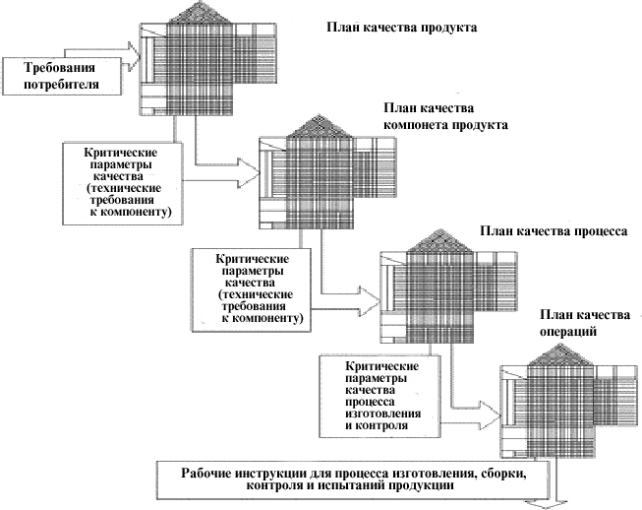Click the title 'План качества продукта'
coord(402,28)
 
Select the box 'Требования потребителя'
coord(62,76)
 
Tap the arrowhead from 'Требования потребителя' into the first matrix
coord(134,56)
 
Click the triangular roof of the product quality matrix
coord(200,12)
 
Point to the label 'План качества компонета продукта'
coord(445,116)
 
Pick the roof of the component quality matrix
coord(319,126)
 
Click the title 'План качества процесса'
coord(554,231)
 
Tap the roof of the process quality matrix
coord(439,240)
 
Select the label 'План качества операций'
coord(585,323)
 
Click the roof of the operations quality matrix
coord(560,354)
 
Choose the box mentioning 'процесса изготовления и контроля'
coord(380,396)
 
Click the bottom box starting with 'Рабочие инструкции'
coord(353,479)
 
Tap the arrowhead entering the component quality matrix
coord(249,174)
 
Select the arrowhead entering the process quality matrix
coord(370,301)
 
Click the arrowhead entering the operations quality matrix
coord(491,415)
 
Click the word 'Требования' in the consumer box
coord(59,68)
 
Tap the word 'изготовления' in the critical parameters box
coord(383,414)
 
